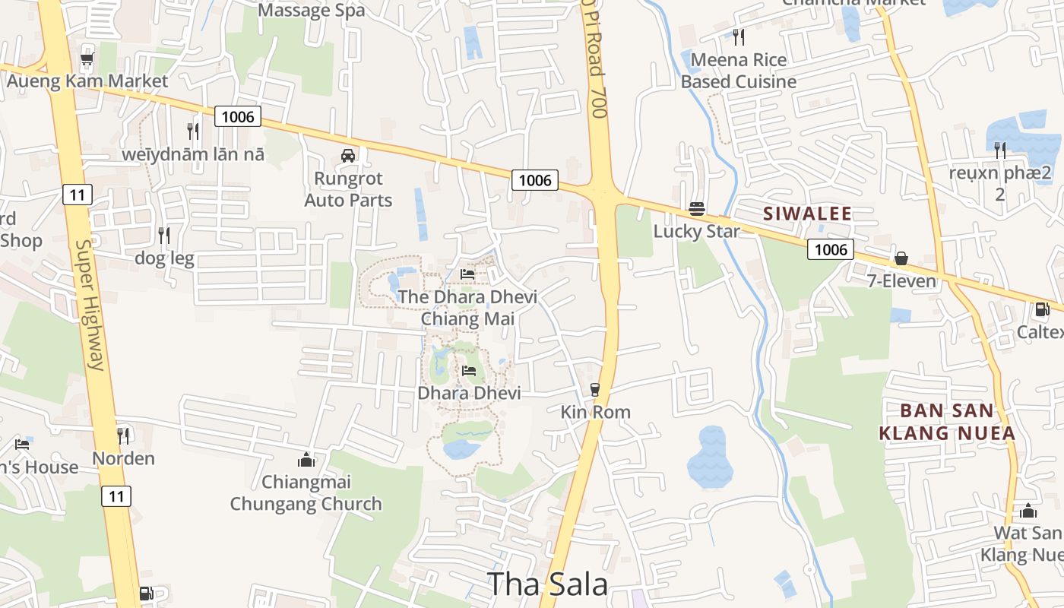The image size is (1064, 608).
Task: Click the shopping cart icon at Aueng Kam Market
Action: (x=87, y=58)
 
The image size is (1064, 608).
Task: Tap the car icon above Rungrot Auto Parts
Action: (x=348, y=156)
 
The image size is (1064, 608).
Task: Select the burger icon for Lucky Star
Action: (x=697, y=208)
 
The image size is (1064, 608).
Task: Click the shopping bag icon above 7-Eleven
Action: (x=901, y=258)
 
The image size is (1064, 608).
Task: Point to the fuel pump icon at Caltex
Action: (x=1042, y=309)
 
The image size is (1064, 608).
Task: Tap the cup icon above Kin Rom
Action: (x=595, y=390)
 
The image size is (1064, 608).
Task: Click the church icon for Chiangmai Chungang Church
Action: (x=306, y=460)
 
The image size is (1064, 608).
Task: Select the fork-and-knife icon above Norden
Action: (x=123, y=435)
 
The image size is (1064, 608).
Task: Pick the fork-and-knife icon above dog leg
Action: (x=164, y=235)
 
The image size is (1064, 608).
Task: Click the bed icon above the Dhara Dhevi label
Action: (x=469, y=371)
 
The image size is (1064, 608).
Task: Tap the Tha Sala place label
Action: (x=547, y=584)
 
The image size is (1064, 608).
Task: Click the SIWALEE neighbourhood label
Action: (x=808, y=214)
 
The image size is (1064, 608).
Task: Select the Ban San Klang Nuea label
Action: (x=947, y=422)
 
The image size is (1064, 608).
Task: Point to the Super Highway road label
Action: (x=89, y=305)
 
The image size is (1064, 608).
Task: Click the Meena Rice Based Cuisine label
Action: (x=739, y=71)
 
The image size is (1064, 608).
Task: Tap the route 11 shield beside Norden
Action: (x=116, y=496)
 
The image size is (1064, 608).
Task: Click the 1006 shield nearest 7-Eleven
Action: (x=831, y=249)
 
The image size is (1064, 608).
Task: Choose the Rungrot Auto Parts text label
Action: (x=349, y=189)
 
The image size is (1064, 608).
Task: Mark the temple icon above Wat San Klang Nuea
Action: (x=1028, y=511)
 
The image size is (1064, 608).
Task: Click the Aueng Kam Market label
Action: (x=87, y=81)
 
